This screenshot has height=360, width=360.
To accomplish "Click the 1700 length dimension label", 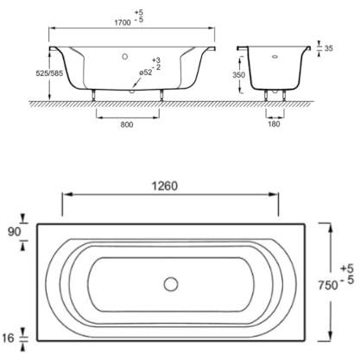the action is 123,22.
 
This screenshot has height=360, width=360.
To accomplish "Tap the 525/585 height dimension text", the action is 49,73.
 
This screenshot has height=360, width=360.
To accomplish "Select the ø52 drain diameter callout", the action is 146,73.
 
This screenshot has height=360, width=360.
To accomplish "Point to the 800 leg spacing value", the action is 127,124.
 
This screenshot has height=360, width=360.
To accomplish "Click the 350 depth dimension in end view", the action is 239,75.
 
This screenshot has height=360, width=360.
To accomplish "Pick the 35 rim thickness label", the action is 329,48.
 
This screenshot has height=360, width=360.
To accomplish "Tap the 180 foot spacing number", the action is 274,124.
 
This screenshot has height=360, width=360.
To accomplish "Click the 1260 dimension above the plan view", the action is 165,186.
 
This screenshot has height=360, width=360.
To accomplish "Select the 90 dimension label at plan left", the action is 15,231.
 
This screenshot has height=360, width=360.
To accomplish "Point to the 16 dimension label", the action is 8,338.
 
